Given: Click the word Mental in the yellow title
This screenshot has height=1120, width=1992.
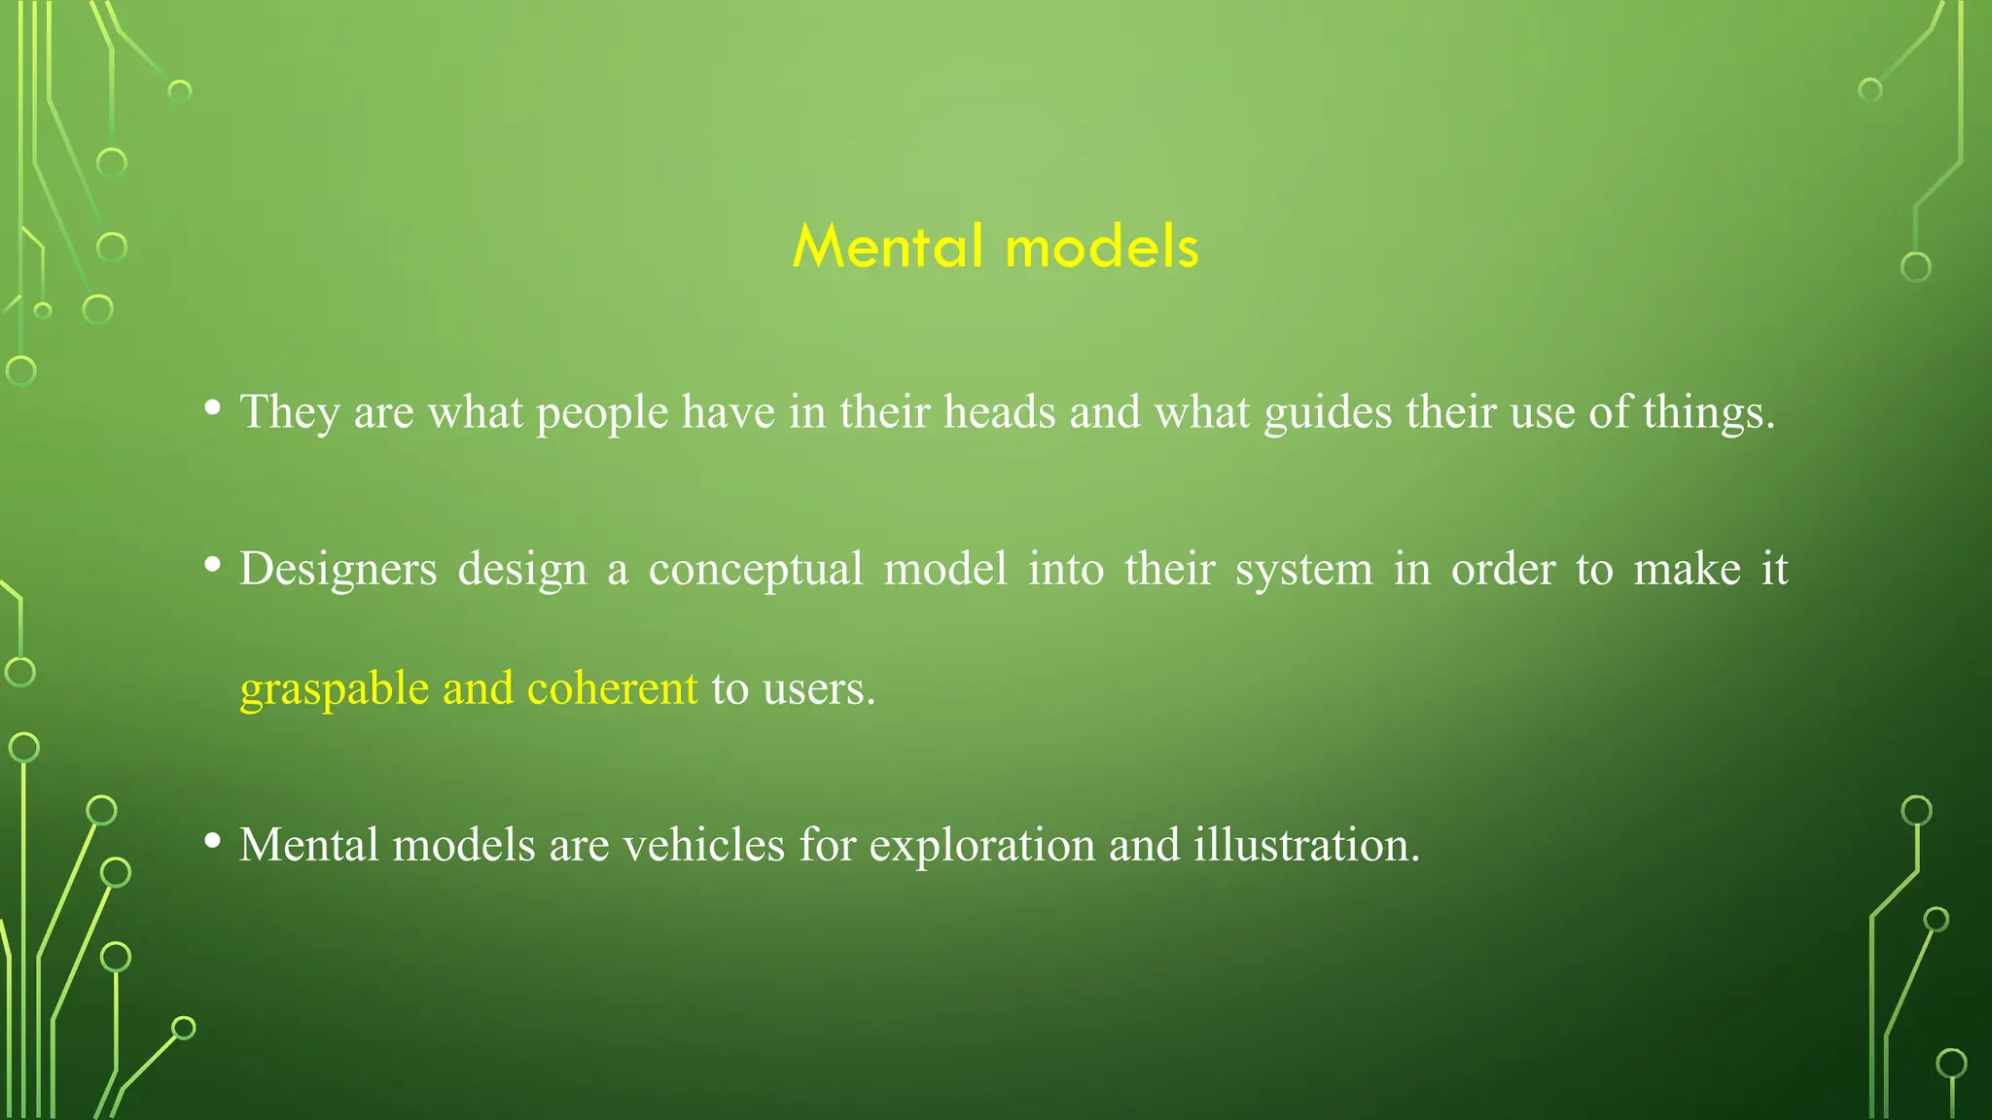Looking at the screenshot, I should click(887, 246).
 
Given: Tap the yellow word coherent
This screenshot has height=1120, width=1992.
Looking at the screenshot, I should click(612, 688).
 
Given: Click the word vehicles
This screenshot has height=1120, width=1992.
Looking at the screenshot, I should click(703, 844).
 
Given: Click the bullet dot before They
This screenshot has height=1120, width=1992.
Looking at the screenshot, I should click(212, 408).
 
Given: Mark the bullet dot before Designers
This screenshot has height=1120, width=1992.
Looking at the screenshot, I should click(212, 565).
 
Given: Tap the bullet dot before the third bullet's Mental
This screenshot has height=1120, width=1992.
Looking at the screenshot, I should click(212, 841).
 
